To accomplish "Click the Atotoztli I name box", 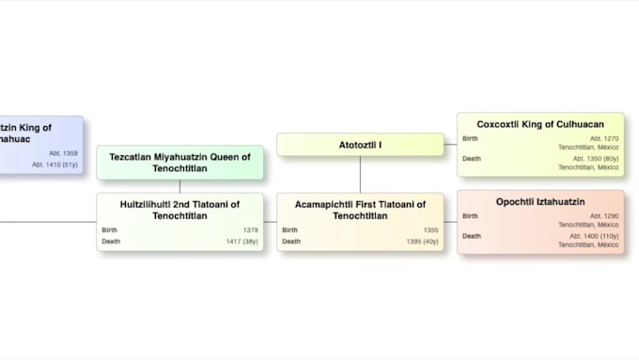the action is [x=360, y=145].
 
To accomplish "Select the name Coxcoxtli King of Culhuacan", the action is [x=540, y=124].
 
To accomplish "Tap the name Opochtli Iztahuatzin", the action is [x=540, y=202].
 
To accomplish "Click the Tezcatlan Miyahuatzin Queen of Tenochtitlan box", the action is [x=179, y=163].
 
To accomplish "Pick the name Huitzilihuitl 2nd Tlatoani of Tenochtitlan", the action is [x=179, y=210].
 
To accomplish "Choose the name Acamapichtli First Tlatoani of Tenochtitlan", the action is [x=360, y=210].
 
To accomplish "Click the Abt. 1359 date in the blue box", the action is [x=63, y=153].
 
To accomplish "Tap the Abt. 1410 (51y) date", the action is [x=55, y=164].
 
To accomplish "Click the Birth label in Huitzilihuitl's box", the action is [x=111, y=230].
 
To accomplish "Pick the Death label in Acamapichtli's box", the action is [x=290, y=242].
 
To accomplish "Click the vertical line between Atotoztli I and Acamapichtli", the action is [x=360, y=174].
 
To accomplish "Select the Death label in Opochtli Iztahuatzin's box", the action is [x=472, y=236].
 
